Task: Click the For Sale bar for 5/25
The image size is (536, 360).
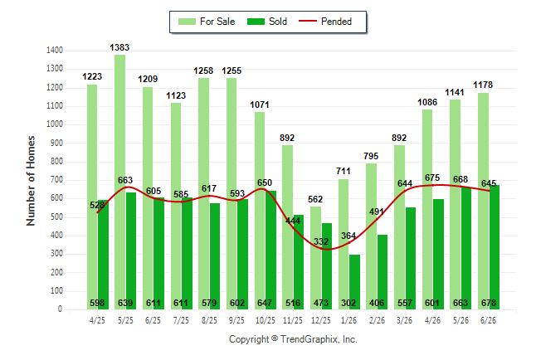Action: (x=120, y=182)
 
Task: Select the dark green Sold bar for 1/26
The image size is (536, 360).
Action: (x=354, y=282)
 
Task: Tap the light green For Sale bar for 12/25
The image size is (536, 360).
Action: (x=315, y=258)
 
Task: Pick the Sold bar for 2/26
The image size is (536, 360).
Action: (x=383, y=272)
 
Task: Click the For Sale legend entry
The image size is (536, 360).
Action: (x=207, y=22)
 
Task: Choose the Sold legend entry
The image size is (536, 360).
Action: (x=267, y=22)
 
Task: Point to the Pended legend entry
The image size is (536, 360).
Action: (x=325, y=22)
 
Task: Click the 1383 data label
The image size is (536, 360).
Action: (x=119, y=47)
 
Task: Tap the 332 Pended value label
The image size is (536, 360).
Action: (x=321, y=241)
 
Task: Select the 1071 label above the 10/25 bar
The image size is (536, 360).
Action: (x=260, y=105)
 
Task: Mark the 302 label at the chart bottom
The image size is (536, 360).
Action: (x=348, y=303)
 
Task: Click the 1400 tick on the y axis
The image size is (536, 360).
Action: (x=55, y=51)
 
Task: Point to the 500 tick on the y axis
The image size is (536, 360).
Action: (x=56, y=217)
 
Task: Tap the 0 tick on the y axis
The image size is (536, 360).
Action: (x=61, y=309)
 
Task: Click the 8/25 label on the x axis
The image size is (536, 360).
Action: (x=209, y=320)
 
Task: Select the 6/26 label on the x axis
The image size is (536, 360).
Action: (x=488, y=320)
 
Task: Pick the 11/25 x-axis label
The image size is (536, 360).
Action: (x=293, y=320)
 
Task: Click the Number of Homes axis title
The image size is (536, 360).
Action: (x=31, y=181)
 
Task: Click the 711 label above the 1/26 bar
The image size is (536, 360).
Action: (x=344, y=171)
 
